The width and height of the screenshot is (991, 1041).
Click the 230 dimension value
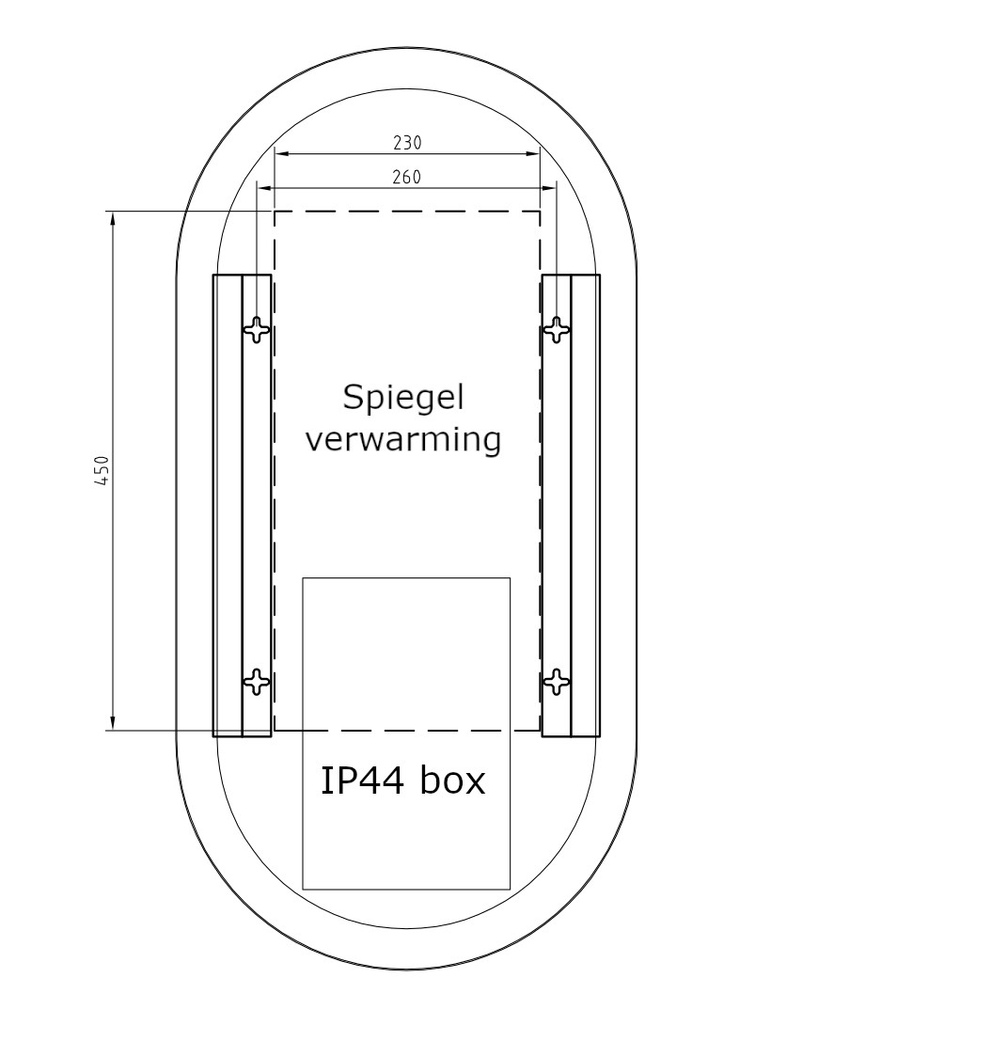[407, 143]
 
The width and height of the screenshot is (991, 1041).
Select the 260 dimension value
[406, 178]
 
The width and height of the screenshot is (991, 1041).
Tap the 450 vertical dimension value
[102, 470]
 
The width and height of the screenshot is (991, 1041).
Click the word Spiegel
[403, 398]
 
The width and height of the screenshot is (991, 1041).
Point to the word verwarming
[403, 439]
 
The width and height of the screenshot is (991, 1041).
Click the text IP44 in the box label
[362, 781]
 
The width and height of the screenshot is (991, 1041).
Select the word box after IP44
[452, 781]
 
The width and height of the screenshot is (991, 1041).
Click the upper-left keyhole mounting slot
[257, 329]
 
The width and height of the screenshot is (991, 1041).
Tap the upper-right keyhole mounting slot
[557, 329]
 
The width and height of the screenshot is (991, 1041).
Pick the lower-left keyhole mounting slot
[257, 681]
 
